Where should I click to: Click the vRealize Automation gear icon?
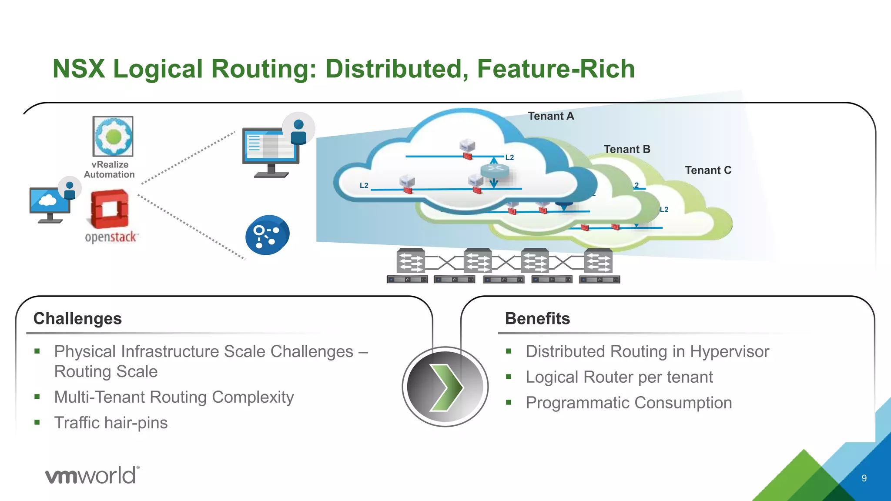coord(113,136)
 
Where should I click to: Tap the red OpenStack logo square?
coord(110,209)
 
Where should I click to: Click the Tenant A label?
coord(551,116)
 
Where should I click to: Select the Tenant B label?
coord(626,149)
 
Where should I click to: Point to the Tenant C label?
coord(708,170)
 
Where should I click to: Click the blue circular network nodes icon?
coord(267,235)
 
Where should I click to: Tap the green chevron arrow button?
coord(445,387)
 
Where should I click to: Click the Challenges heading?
coord(77,318)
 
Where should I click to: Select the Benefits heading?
coord(537,318)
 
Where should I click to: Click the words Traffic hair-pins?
coord(111,423)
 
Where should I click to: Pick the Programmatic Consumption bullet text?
coord(629,403)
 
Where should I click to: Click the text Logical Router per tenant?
coord(619,377)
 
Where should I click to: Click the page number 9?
coord(864,478)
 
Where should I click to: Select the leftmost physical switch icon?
coord(410,261)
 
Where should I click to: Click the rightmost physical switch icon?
coord(598,261)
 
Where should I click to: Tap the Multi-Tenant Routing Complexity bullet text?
coord(174,397)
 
